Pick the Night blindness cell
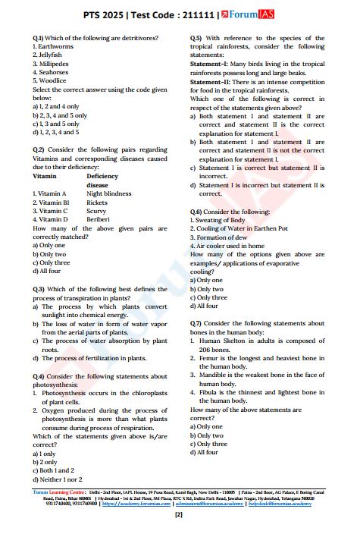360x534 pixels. (109, 193)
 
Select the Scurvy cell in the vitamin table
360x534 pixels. (97, 211)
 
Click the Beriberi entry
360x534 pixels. (99, 219)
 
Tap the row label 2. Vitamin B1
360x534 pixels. (51, 203)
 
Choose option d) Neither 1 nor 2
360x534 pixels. (58, 479)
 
